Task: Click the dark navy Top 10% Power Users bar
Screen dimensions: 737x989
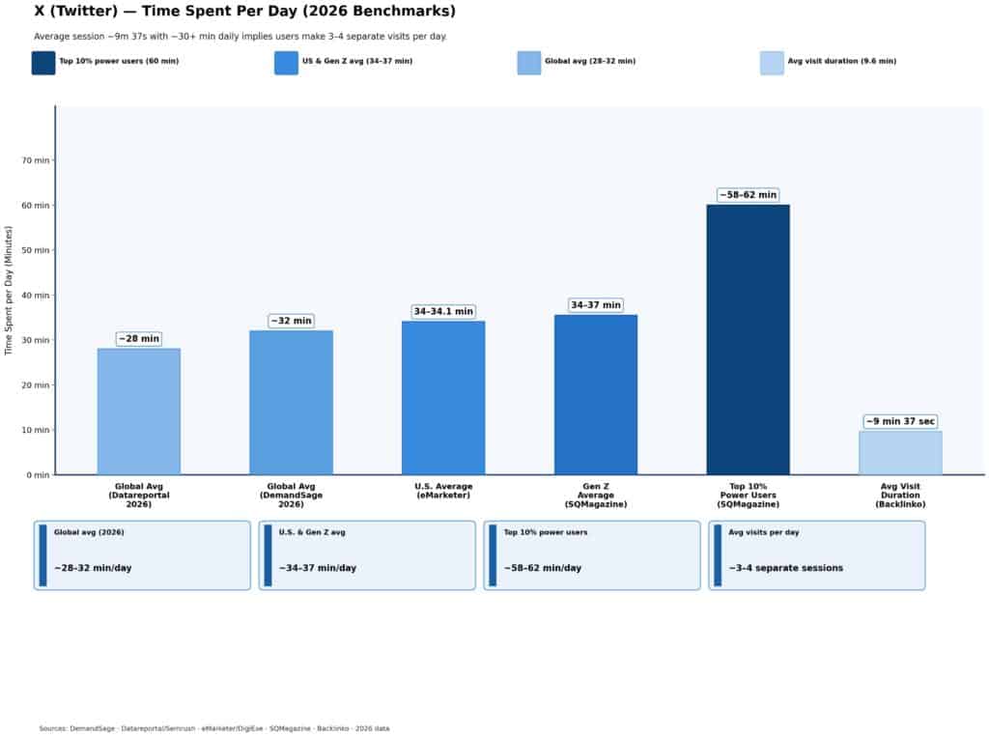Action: tap(748, 339)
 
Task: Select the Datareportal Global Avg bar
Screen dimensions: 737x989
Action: tap(138, 411)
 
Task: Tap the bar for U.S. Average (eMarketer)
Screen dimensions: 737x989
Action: tap(443, 398)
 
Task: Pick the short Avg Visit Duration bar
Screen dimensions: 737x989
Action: tap(900, 453)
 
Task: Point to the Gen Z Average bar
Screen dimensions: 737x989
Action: tap(595, 394)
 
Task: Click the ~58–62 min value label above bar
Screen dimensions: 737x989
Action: tap(748, 195)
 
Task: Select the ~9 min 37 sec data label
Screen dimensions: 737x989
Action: tap(900, 422)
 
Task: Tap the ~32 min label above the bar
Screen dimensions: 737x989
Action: tap(291, 321)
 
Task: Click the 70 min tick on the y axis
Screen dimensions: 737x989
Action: tap(38, 160)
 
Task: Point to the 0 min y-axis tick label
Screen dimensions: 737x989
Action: tap(36, 475)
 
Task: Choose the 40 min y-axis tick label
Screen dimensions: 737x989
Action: tap(38, 296)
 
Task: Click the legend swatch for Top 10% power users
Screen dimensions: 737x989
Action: tap(43, 63)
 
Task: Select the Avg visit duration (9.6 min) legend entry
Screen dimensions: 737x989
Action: tap(841, 62)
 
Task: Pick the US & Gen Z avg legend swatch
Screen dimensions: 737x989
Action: tap(286, 63)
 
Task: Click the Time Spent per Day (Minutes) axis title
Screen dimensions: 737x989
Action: tap(10, 290)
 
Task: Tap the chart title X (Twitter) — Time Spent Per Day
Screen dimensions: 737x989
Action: tap(244, 12)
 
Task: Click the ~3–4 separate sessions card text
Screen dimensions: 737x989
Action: tap(785, 568)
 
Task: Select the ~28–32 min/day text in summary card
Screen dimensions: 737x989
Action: tap(93, 568)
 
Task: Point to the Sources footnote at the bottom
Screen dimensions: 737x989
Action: tap(213, 728)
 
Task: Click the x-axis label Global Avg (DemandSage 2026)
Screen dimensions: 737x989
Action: tap(291, 495)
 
